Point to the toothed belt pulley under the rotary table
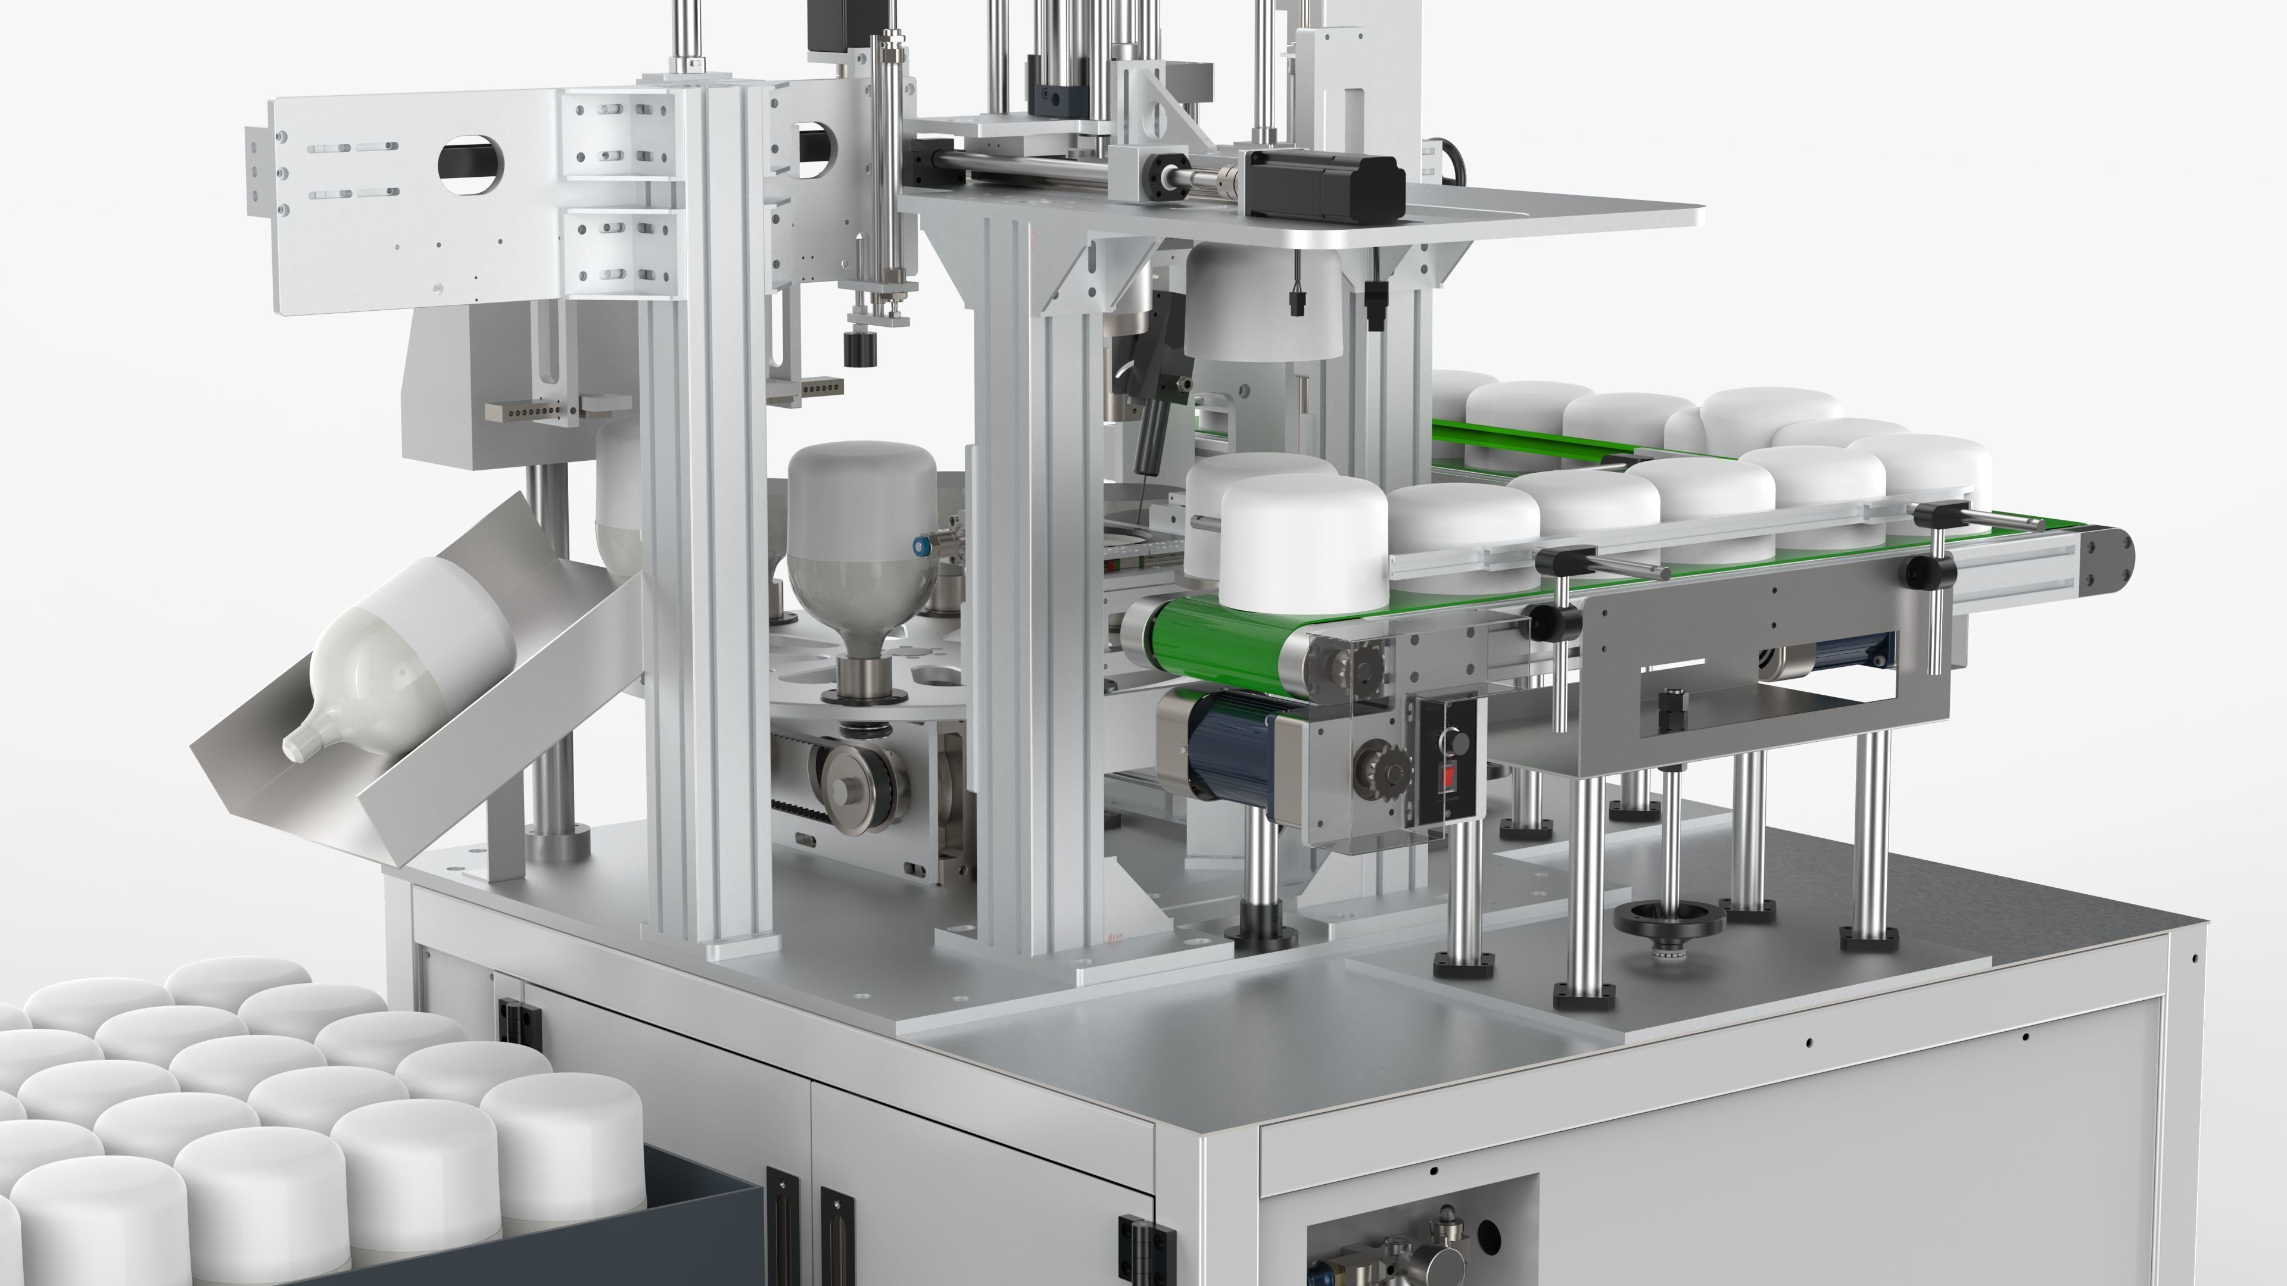point(857,781)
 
